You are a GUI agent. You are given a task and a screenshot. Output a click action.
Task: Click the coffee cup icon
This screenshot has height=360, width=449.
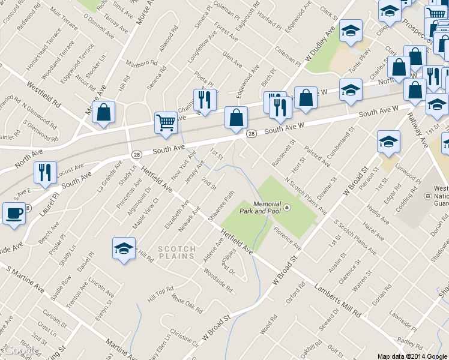click(14, 213)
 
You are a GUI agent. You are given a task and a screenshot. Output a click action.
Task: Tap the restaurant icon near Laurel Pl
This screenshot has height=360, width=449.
click(45, 172)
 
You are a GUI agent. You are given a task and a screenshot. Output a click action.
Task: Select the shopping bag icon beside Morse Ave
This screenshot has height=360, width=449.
click(104, 112)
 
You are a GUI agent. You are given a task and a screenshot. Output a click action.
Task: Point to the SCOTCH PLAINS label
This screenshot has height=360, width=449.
click(176, 252)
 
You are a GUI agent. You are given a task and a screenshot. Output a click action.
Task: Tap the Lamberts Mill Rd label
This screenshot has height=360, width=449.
click(336, 301)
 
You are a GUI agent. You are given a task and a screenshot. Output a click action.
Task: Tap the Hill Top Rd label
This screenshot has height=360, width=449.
click(160, 294)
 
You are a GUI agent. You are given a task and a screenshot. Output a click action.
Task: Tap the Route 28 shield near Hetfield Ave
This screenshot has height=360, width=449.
click(136, 154)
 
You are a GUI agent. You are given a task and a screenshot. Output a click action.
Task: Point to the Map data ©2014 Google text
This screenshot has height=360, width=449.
click(411, 356)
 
